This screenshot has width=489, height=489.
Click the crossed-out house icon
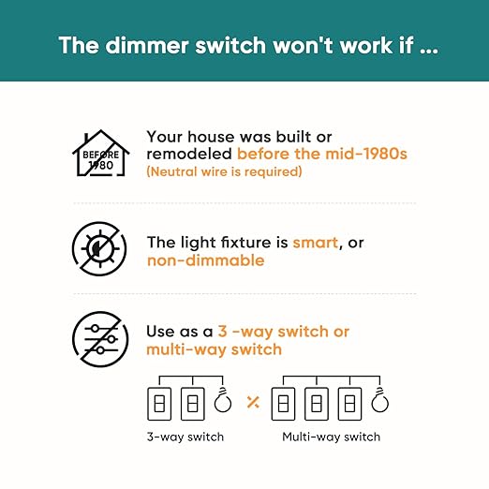click(x=100, y=153)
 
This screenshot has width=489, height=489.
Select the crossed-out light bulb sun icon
click(x=99, y=248)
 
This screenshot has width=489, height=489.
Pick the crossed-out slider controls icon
click(x=100, y=339)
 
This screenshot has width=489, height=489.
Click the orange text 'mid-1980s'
click(x=366, y=154)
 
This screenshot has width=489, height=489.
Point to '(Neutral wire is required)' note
click(x=224, y=171)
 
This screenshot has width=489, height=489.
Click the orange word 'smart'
click(x=316, y=243)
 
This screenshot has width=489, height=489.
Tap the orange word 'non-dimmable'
click(x=206, y=260)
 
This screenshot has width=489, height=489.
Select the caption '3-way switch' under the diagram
click(x=185, y=437)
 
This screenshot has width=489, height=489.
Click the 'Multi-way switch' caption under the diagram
click(x=332, y=437)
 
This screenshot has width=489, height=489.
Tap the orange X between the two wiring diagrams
click(x=253, y=402)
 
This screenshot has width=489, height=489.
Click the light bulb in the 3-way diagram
click(x=223, y=400)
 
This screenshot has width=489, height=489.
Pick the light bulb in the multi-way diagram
click(x=380, y=400)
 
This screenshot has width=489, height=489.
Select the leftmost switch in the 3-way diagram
click(x=159, y=404)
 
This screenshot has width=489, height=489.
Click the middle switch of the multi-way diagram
click(x=317, y=404)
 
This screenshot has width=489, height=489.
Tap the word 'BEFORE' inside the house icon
click(x=100, y=155)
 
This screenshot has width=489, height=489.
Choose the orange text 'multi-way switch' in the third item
click(x=215, y=349)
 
